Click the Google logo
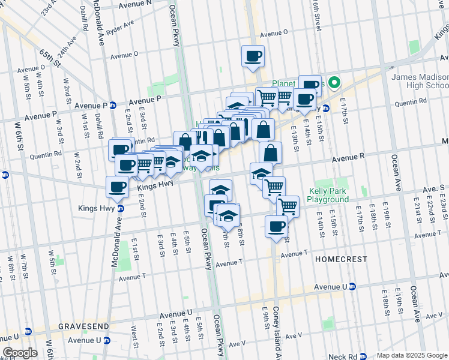tap(20, 353)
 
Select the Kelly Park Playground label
tap(327, 195)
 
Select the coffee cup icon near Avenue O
tap(252, 56)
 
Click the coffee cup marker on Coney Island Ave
tap(276, 227)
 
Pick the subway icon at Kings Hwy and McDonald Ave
tap(120, 209)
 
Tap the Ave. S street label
tap(433, 188)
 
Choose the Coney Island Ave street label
tap(277, 331)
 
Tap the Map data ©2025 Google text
tap(411, 355)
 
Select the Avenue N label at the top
tap(135, 4)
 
